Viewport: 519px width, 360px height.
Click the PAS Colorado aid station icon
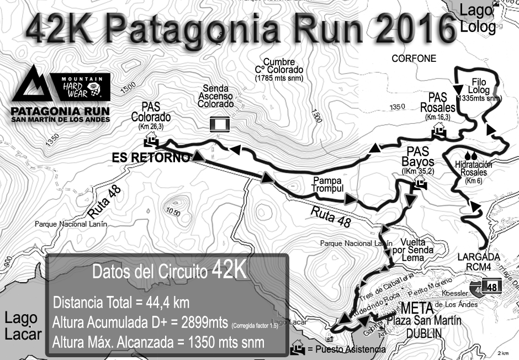tap(150, 142)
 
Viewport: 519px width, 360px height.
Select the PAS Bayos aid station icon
tap(418, 182)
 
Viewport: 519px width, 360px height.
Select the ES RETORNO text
tap(151, 158)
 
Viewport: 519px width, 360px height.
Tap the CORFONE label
tap(414, 59)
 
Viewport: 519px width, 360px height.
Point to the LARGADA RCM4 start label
tap(478, 261)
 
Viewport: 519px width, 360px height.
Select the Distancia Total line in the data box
tap(121, 303)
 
